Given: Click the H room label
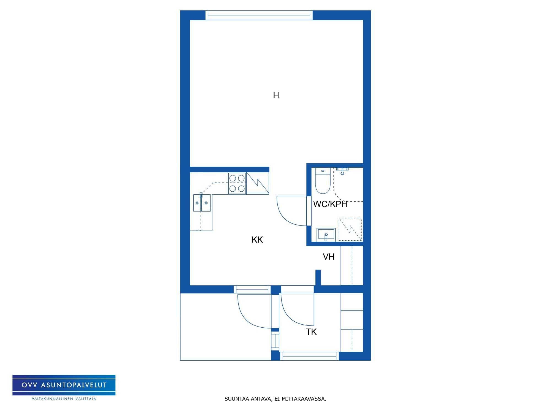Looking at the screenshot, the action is (276, 95).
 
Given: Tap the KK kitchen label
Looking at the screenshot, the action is (257, 240).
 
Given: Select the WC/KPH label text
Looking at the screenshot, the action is (330, 204).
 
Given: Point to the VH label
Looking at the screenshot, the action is (329, 257).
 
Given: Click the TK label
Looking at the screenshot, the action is (311, 332).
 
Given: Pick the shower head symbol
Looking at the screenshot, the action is (342, 171).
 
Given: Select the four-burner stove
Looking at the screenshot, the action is (237, 183).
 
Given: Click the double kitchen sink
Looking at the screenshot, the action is (202, 203).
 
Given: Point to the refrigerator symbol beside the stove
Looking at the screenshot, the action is (258, 183).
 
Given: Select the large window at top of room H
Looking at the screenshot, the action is (259, 15).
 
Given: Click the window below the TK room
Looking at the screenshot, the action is (310, 356).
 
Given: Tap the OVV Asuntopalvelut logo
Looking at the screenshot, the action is (64, 385).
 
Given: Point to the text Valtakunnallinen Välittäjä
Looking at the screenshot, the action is (64, 399).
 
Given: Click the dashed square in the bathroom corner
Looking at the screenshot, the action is (350, 229).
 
